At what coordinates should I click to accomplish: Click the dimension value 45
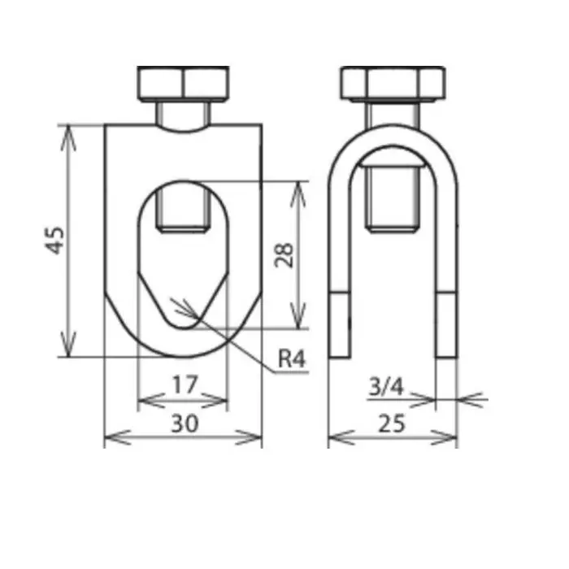(54, 241)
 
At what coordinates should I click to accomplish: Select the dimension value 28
(284, 254)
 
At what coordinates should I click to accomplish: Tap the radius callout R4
(290, 358)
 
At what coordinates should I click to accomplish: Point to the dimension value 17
(184, 384)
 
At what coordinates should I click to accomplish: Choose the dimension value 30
(184, 423)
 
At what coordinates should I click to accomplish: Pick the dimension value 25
(392, 423)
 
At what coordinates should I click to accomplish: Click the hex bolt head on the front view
(183, 83)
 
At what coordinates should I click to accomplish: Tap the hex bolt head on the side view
(393, 83)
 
